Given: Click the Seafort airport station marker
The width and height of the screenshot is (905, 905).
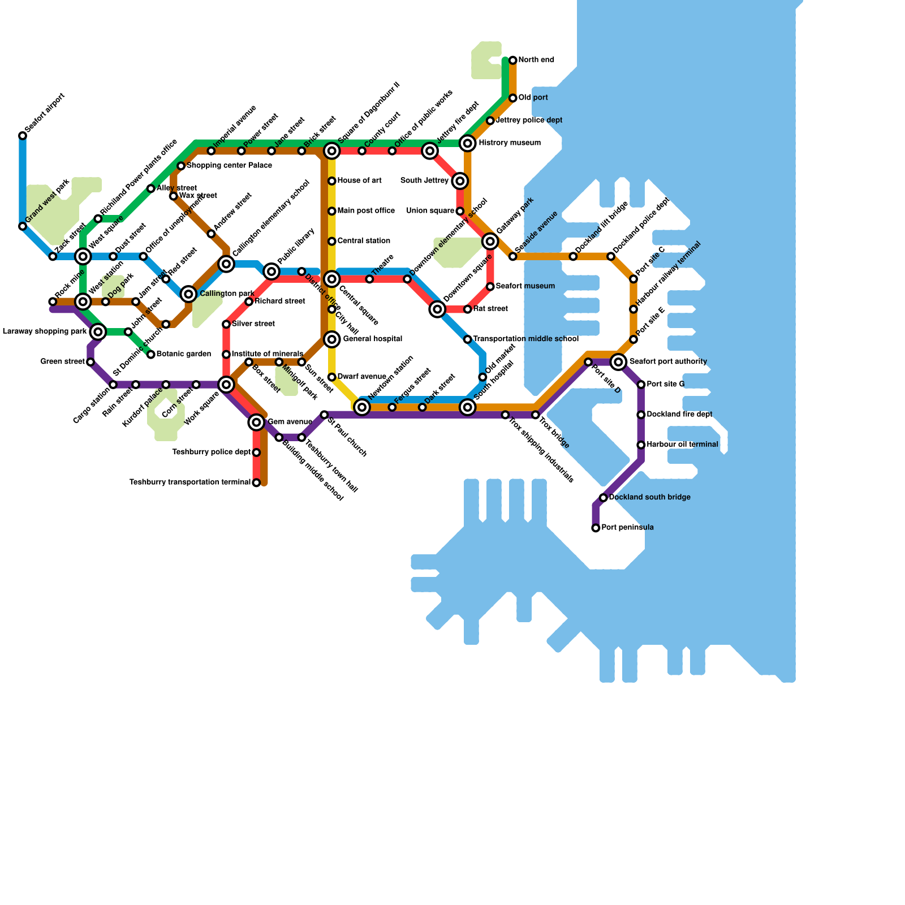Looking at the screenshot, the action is point(23,136).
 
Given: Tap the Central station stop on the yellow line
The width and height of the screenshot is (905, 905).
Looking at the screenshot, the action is point(332,242).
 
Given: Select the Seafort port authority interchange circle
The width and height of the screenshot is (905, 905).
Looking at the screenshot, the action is point(619,362).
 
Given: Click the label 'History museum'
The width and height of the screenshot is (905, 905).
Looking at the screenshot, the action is point(510,143).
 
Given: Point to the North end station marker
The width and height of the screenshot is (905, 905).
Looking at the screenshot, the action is point(512,61).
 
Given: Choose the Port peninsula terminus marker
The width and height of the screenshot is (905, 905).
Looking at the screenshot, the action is point(596,528).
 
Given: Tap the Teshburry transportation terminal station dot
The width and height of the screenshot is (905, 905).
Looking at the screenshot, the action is point(256,482).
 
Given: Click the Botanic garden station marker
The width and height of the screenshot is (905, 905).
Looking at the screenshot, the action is point(151,355).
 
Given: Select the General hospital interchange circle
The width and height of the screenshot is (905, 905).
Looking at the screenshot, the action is point(332,339).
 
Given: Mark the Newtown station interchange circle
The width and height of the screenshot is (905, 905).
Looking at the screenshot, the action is point(362,407).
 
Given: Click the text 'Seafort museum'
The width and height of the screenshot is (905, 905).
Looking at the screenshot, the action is point(525,286).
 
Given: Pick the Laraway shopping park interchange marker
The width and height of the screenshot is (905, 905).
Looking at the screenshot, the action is point(98,331).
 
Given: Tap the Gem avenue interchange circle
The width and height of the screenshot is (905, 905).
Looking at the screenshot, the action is point(256,422).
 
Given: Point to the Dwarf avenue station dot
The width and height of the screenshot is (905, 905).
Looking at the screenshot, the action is point(332,377).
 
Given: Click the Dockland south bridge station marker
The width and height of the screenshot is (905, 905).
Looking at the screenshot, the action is point(604,498).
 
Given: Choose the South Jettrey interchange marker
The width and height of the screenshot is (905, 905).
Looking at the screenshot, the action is point(460,181).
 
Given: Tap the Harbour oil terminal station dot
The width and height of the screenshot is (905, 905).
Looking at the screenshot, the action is point(641,445).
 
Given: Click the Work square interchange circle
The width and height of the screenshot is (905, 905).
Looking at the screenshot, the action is point(226,385).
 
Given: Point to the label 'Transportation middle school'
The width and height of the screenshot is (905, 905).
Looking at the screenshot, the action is point(525,339).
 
